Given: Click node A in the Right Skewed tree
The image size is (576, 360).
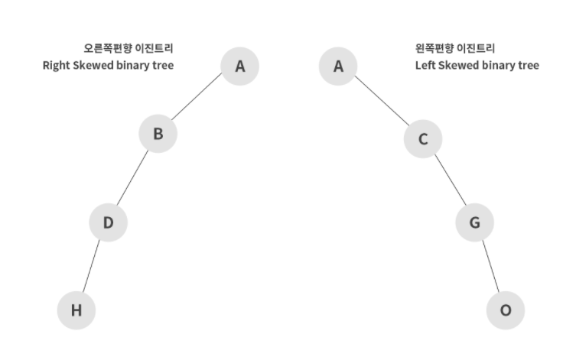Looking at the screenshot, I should click(x=240, y=66).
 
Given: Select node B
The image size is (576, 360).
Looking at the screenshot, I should click(x=158, y=134).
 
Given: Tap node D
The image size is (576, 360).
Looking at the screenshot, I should click(x=108, y=222).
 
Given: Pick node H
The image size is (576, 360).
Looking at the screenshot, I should click(x=76, y=310).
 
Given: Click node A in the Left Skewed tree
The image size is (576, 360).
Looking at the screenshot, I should click(x=338, y=66).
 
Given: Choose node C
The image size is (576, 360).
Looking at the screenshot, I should click(x=423, y=139).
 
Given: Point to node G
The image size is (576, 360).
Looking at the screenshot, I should click(x=474, y=222).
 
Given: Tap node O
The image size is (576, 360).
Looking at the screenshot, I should click(x=506, y=310).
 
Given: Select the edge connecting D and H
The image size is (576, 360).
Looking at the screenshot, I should click(x=92, y=266).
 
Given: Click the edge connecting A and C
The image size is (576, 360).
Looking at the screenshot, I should click(x=381, y=102).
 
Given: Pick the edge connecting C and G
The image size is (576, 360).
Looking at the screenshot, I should click(x=449, y=181).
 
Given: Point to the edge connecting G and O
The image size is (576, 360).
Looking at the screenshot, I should click(x=490, y=266).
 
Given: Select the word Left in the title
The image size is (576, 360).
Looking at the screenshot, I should click(x=425, y=66).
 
